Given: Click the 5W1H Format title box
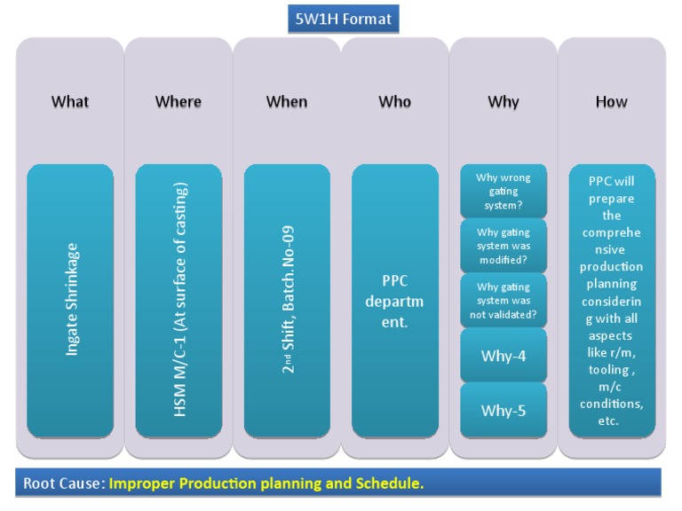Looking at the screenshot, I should (343, 19).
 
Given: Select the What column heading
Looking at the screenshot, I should (70, 102).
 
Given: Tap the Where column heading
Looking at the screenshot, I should (178, 102).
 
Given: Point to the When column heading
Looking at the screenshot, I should (287, 102).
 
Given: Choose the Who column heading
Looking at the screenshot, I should (395, 102).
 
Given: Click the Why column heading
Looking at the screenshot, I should (504, 102).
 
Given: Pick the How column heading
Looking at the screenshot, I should (611, 102).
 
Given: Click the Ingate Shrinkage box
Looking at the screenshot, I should (70, 301).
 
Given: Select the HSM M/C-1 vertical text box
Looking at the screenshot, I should (178, 301).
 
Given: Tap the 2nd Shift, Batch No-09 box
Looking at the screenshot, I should (287, 301).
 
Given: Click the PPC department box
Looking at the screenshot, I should (395, 301).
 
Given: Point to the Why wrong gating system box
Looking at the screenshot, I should (504, 191).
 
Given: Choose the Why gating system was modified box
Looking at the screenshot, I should (504, 246).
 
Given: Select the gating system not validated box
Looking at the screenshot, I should (504, 301).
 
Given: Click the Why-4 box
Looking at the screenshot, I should (504, 356).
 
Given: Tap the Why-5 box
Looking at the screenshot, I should (504, 411).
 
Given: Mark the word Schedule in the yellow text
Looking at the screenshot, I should (391, 483).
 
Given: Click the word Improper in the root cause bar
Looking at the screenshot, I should (140, 483).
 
